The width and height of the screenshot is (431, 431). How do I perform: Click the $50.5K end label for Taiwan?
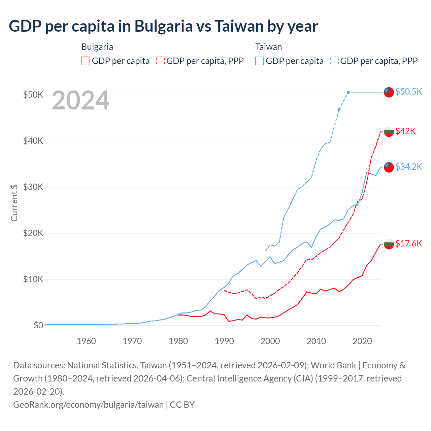point(408,92)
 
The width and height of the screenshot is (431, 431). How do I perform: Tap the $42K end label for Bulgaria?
point(405,131)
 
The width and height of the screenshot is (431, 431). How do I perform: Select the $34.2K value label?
point(408,167)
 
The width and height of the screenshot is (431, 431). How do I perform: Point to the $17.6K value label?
point(408,243)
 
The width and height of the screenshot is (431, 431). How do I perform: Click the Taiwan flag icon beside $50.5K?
point(389,92)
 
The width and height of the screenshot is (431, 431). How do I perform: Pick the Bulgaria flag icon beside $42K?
point(389,131)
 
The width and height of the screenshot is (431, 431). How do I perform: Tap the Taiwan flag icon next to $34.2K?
point(389,167)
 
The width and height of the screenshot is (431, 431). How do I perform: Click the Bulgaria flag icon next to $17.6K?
point(389,244)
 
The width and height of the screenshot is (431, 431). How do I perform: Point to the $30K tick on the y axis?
point(33,187)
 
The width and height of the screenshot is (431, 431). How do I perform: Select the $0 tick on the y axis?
point(38,325)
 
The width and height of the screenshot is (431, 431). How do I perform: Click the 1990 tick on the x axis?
point(224,341)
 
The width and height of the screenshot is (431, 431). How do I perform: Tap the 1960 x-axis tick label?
point(86,341)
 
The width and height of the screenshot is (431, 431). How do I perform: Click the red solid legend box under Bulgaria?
point(86,61)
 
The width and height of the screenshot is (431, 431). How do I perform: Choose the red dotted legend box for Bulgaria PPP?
point(160,61)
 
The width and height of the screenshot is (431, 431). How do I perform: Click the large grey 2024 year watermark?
point(80,100)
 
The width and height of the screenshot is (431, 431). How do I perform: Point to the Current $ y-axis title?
point(14,203)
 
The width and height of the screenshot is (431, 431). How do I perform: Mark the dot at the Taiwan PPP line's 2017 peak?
point(348,92)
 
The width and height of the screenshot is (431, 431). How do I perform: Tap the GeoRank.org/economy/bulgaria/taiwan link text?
point(88,404)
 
